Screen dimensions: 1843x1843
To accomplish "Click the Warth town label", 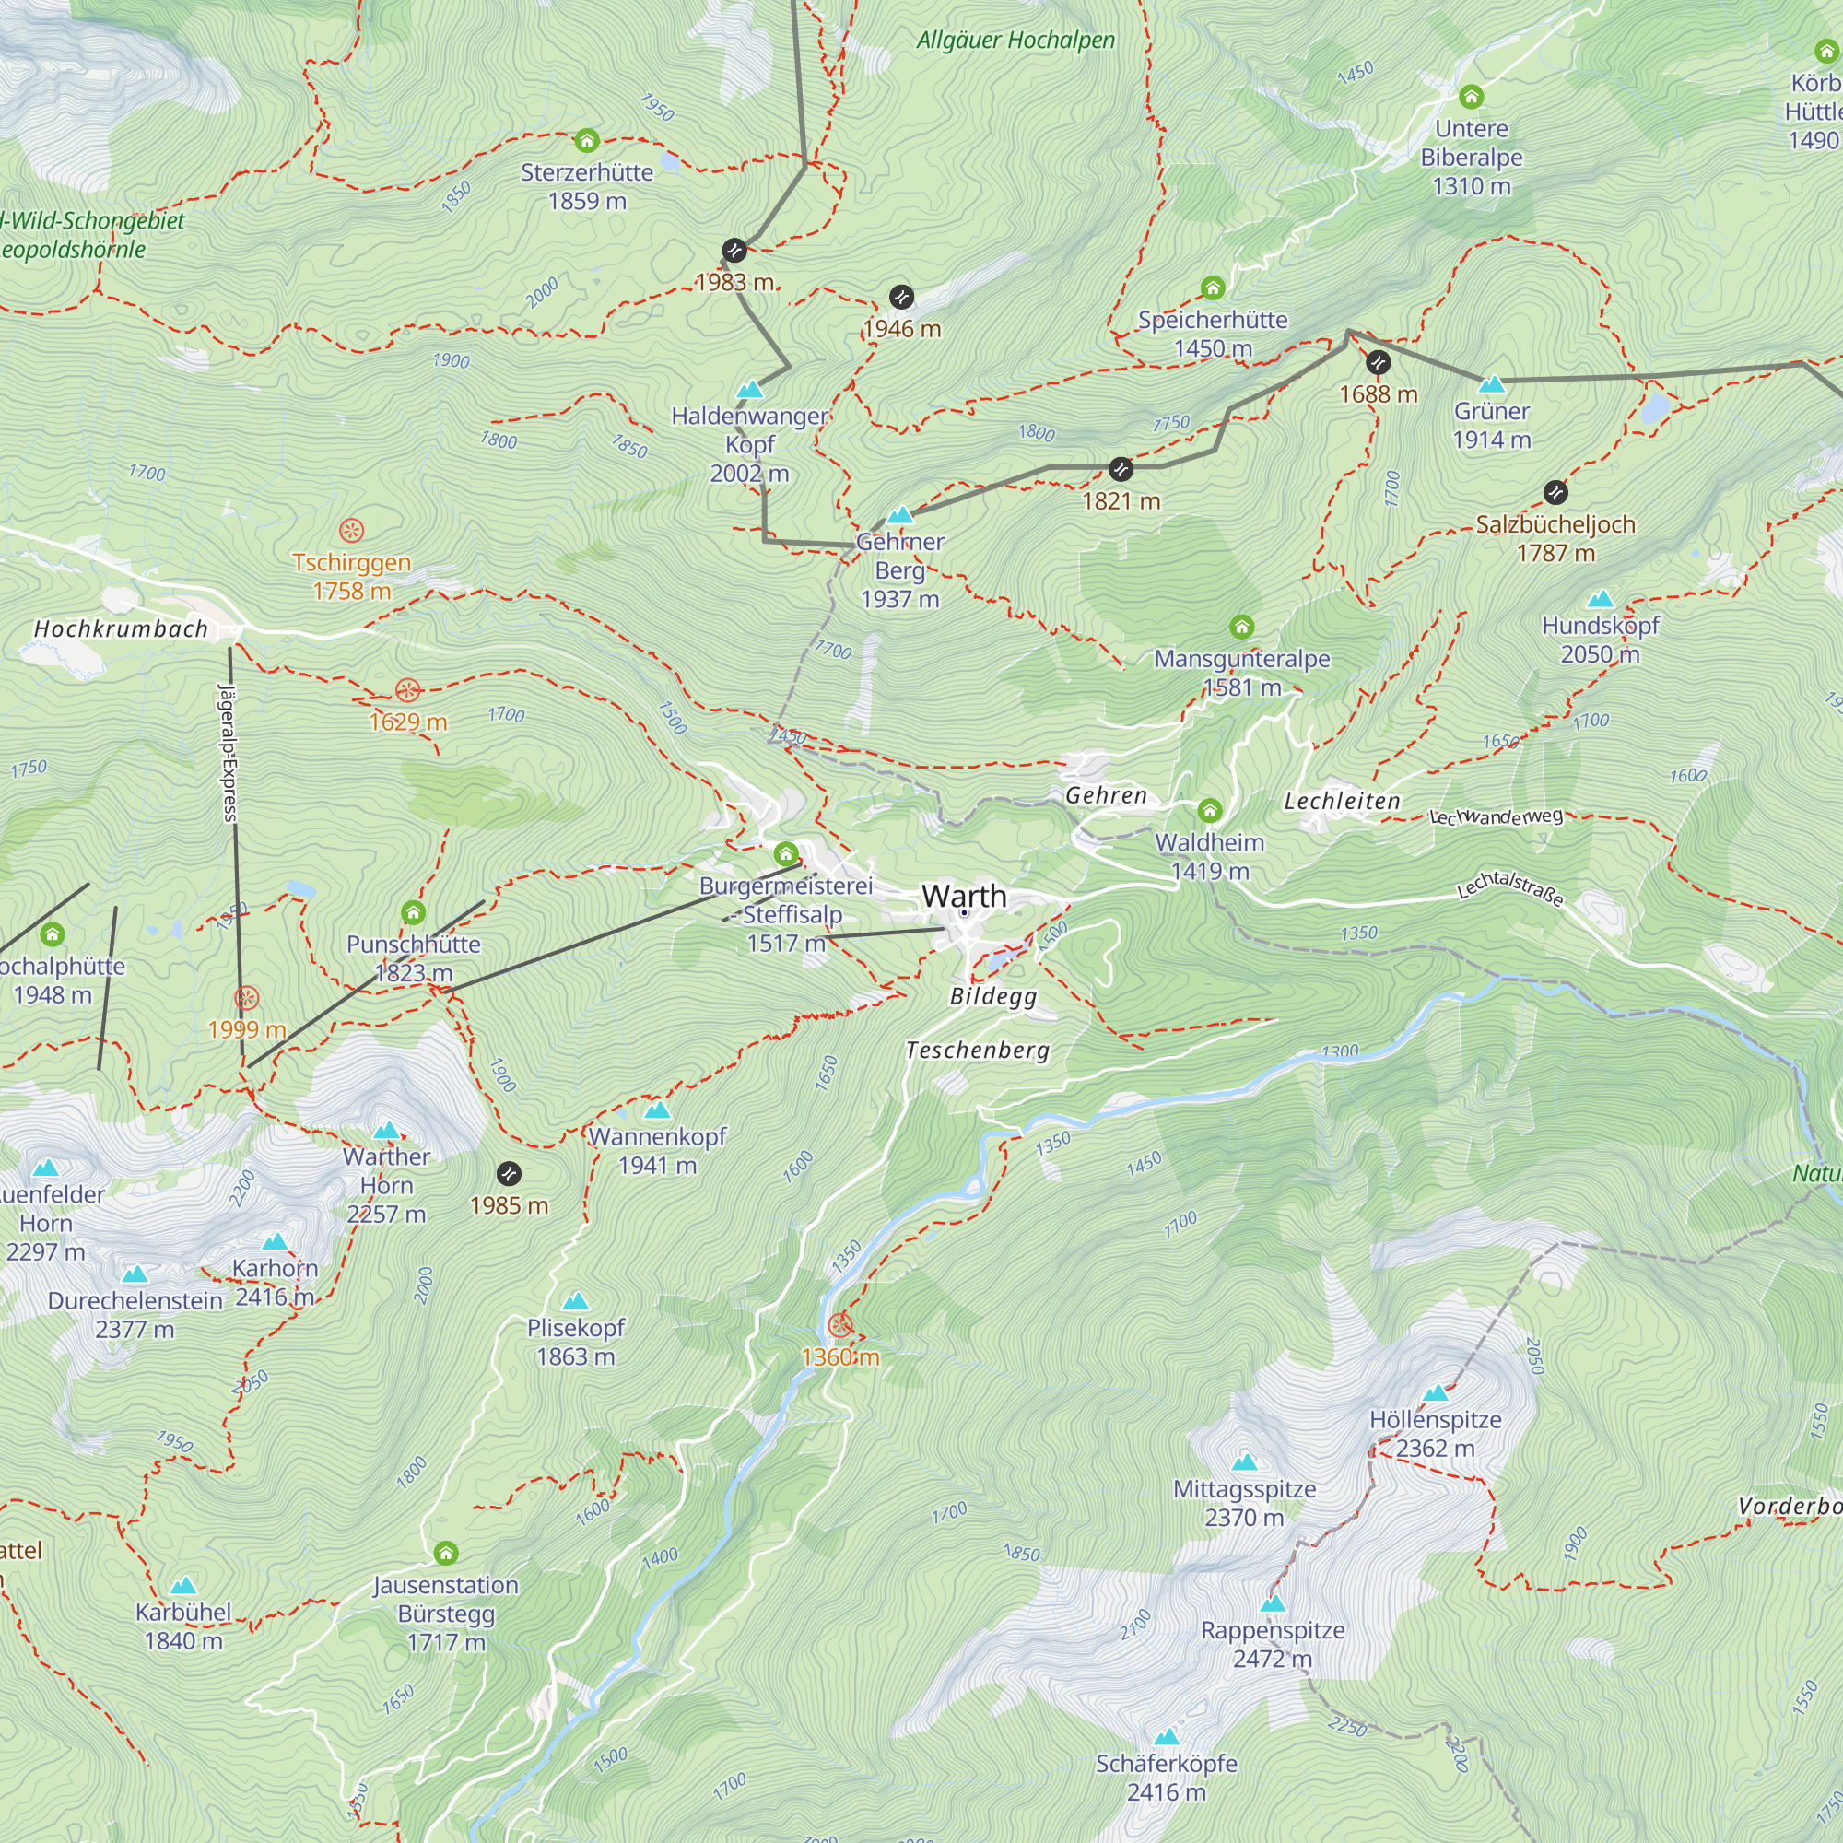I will point(964,896).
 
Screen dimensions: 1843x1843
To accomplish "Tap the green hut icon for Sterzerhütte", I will point(587,141).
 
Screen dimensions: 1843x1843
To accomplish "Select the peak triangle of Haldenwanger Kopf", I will point(750,389).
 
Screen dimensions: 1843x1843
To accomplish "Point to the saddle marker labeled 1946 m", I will point(901,298).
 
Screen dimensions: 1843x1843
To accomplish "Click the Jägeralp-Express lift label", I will point(228,753).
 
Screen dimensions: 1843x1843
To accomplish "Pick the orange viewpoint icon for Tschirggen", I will point(351,531).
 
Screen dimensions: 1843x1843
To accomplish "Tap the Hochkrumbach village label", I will point(120,628).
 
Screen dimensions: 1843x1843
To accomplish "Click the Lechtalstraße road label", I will point(1510,888).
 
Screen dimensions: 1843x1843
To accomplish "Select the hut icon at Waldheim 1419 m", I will point(1210,811).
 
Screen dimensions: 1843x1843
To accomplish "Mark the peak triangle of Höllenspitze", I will point(1436,1393).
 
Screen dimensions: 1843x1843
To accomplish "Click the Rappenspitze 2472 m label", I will point(1273,1644).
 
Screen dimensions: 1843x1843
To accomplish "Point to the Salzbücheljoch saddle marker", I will point(1555,492).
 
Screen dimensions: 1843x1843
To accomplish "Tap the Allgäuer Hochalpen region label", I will point(1015,40).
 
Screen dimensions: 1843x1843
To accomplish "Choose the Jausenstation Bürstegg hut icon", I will point(445,1553).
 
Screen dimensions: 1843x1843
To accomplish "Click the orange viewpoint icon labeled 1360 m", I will point(839,1325).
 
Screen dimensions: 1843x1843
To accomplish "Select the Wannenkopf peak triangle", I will point(657,1110).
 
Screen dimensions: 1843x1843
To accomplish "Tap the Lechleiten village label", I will point(1341,802).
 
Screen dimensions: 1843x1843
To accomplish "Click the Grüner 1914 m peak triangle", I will point(1492,384).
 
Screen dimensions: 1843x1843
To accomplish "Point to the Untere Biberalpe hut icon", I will point(1471,97).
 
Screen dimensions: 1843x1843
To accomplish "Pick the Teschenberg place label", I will point(977,1051).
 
